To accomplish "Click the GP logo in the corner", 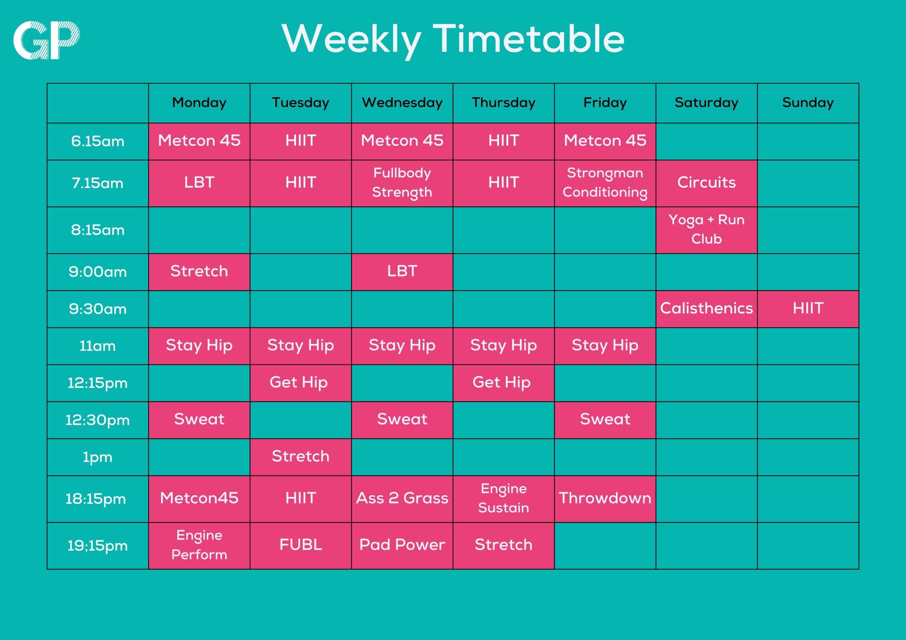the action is point(47,40).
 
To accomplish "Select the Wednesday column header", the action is point(402,103).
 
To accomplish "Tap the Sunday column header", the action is point(808,103).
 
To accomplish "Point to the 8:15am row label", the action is point(97,230).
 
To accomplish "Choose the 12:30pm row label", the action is point(97,420).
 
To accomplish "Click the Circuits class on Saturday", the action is point(706,183).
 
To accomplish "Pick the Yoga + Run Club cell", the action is point(706,230).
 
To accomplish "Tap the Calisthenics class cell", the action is point(706,309).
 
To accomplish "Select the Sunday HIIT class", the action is point(808,309).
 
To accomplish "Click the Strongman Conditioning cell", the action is point(605,183).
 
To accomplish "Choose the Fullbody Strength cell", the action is point(402,183).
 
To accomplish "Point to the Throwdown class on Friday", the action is point(605,499).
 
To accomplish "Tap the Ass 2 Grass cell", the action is point(402,499).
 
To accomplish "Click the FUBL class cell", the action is point(301,545).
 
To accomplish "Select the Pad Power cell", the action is point(402,545).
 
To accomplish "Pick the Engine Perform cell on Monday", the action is point(199,545).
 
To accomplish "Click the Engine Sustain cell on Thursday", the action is point(504,499).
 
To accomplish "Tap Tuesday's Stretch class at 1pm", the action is point(301,457).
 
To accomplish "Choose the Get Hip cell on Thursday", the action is point(504,383).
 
